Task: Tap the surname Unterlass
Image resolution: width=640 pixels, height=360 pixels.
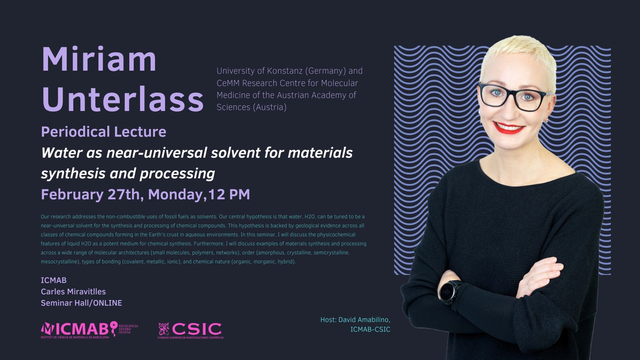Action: (123, 99)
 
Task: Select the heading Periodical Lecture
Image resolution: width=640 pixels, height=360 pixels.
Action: (104, 132)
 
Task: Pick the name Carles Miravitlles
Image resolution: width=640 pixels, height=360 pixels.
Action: (73, 292)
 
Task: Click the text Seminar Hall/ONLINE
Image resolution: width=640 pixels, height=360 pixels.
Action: (81, 303)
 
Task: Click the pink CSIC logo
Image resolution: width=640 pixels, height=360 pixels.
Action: (190, 331)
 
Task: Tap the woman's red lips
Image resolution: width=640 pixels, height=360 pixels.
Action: (509, 127)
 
